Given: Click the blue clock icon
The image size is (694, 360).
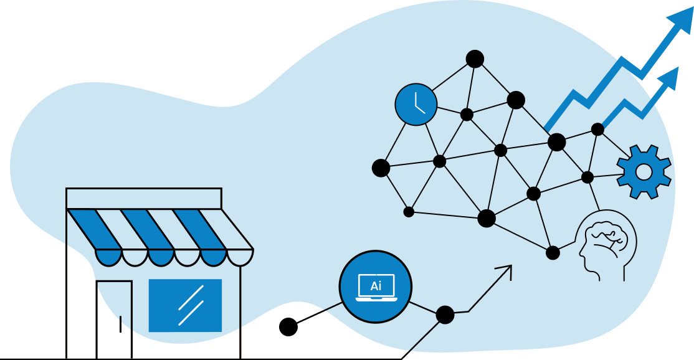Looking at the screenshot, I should click(416, 105).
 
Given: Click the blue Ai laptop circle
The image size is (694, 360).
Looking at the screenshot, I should click(376, 287).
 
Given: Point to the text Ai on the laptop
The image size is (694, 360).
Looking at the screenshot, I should click(376, 287).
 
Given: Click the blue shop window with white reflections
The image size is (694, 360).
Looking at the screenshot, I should click(185, 305).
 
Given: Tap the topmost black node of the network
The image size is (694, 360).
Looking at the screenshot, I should click(475, 59).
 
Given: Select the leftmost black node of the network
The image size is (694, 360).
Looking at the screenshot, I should click(381, 168).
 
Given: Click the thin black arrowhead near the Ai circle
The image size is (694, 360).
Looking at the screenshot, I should click(506, 270).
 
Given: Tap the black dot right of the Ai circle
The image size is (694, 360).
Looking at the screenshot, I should click(445, 315).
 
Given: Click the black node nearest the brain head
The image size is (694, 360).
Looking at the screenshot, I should click(553, 253).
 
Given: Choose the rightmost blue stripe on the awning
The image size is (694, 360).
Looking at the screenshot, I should click(199, 229).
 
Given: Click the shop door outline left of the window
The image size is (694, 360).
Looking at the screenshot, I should click(115, 311).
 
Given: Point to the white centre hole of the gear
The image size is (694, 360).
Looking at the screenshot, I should click(644, 172).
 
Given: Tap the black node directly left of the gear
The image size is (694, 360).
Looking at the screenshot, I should click(587, 178).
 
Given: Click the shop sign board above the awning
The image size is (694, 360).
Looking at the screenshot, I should click(143, 198).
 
